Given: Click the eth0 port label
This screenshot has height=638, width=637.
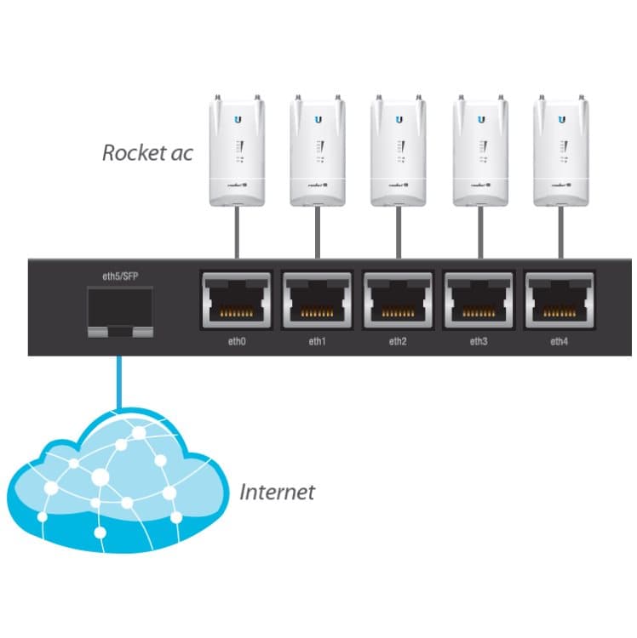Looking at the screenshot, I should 236,341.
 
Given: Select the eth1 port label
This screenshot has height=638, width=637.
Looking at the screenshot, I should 317,341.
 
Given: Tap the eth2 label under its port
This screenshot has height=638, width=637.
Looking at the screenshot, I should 397,341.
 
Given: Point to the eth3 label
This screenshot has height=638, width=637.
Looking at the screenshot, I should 478,341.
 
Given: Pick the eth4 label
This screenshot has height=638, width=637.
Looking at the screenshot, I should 559,341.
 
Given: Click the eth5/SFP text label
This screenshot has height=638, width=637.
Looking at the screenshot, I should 119,276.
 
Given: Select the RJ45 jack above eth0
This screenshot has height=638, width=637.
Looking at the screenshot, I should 236,301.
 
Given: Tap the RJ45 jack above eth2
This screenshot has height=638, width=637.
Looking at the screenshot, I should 398,301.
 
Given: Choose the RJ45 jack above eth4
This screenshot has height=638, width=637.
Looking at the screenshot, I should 560,301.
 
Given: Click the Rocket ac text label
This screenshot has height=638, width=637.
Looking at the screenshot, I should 147,154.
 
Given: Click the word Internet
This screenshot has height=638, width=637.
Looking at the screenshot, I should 276,492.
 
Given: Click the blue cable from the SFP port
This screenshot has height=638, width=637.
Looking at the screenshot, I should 119,379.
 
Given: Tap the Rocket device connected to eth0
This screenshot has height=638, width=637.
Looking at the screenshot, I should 236,153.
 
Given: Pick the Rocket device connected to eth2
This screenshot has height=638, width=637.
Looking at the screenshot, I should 398,153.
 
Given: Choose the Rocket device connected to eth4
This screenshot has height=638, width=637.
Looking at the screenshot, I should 560,153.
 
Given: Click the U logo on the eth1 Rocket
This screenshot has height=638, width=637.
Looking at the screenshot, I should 318,120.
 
